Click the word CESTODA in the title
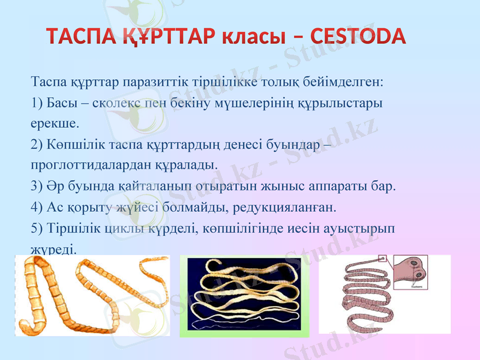pyautogui.click(x=358, y=37)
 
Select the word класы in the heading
pyautogui.click(x=260, y=37)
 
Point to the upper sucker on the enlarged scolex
pyautogui.click(x=413, y=263)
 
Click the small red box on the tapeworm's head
pyautogui.click(x=382, y=259)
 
